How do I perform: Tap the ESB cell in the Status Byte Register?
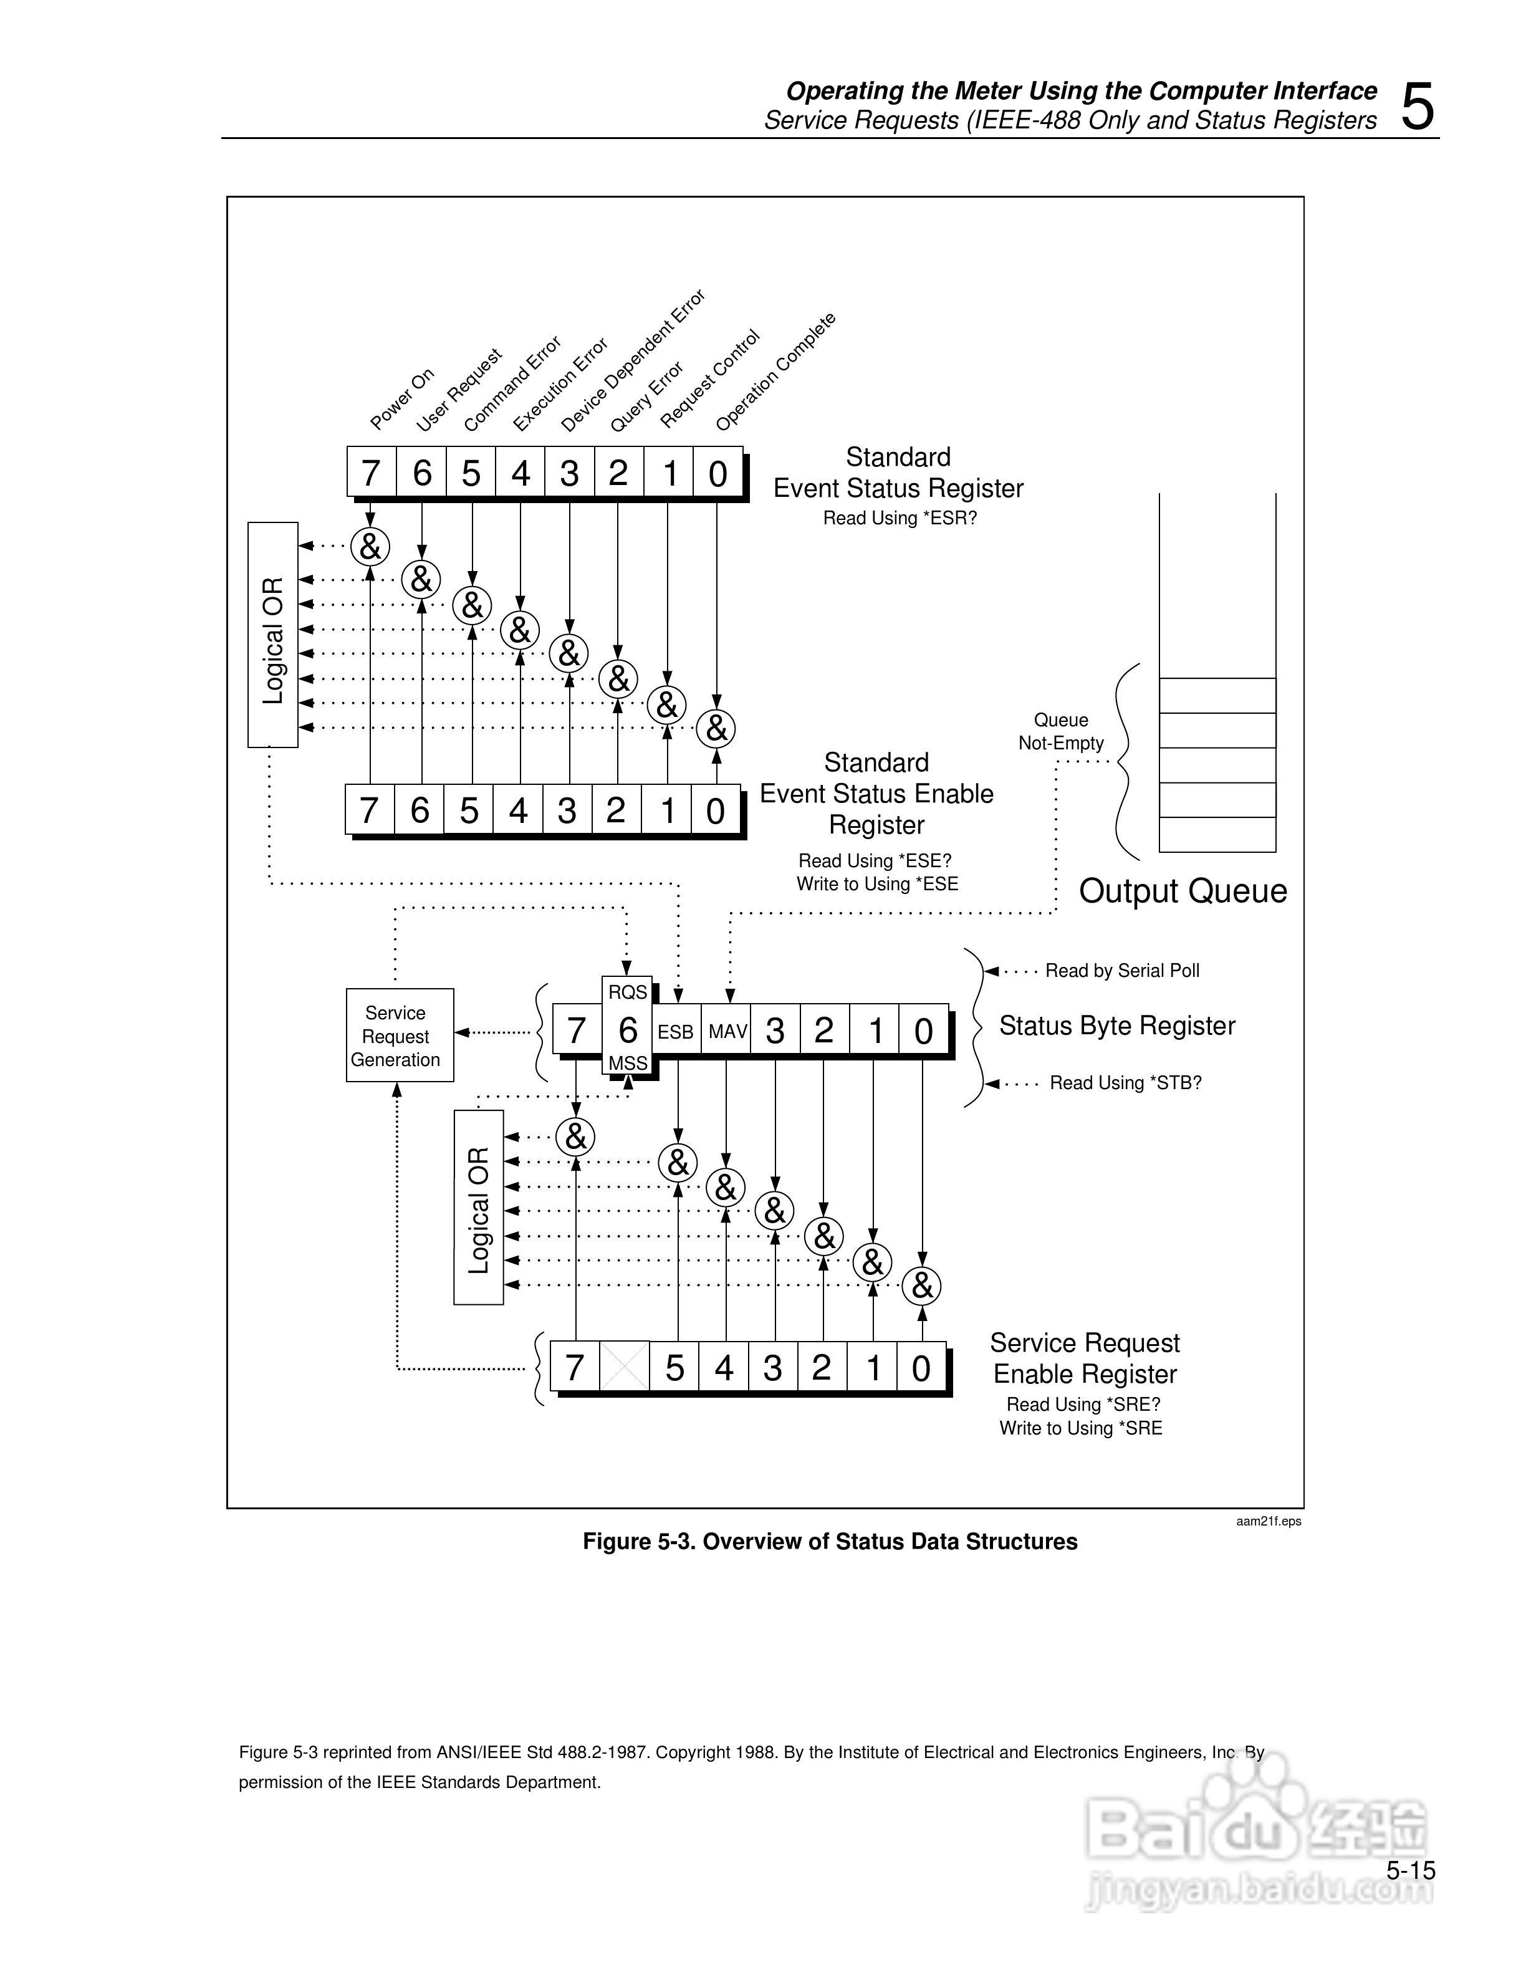click(x=675, y=1032)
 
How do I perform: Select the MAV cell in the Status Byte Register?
click(x=727, y=1032)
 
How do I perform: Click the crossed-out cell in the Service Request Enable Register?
click(x=625, y=1367)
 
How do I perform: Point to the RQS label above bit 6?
click(x=627, y=992)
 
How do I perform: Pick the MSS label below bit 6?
click(x=627, y=1064)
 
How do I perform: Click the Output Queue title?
click(x=1183, y=891)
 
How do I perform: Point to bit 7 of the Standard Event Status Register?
click(x=371, y=473)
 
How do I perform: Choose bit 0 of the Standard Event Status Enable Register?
click(x=715, y=811)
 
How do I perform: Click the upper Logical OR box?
click(x=273, y=635)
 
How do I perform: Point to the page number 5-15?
click(x=1410, y=1870)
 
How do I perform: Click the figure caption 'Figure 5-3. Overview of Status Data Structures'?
click(x=830, y=1542)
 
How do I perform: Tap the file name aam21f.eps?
click(x=1269, y=1521)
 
